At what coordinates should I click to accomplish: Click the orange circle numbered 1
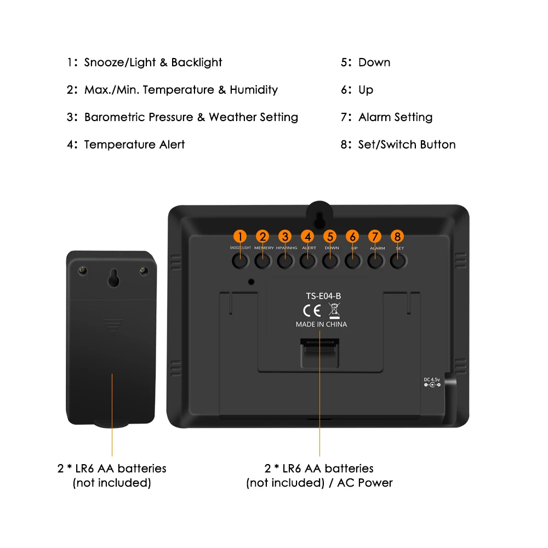(240, 236)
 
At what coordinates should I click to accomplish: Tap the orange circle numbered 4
(308, 236)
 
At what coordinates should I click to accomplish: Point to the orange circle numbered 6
(353, 236)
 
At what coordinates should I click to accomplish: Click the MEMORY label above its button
(264, 248)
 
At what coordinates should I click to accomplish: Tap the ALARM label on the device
(377, 248)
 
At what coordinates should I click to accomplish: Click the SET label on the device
(399, 248)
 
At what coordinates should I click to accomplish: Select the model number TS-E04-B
(323, 296)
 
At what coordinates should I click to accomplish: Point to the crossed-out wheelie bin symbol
(334, 311)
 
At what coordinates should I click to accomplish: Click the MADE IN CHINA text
(321, 324)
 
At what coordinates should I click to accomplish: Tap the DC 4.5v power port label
(432, 379)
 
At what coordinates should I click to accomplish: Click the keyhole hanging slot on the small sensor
(113, 277)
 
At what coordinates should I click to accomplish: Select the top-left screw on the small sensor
(83, 270)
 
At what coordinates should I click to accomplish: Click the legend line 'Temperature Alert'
(134, 145)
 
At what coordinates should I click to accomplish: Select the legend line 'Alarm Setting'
(395, 117)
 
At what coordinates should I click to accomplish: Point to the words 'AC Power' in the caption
(365, 483)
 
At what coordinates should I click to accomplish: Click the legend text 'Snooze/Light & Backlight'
(153, 62)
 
